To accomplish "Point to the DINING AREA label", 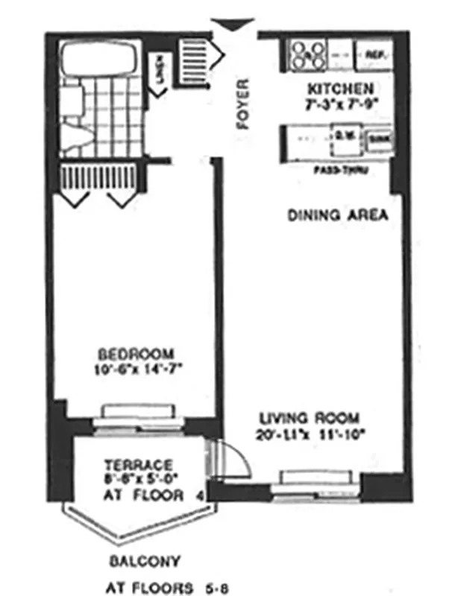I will pyautogui.click(x=338, y=216).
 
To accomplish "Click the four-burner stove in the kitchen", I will pyautogui.click(x=307, y=54).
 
